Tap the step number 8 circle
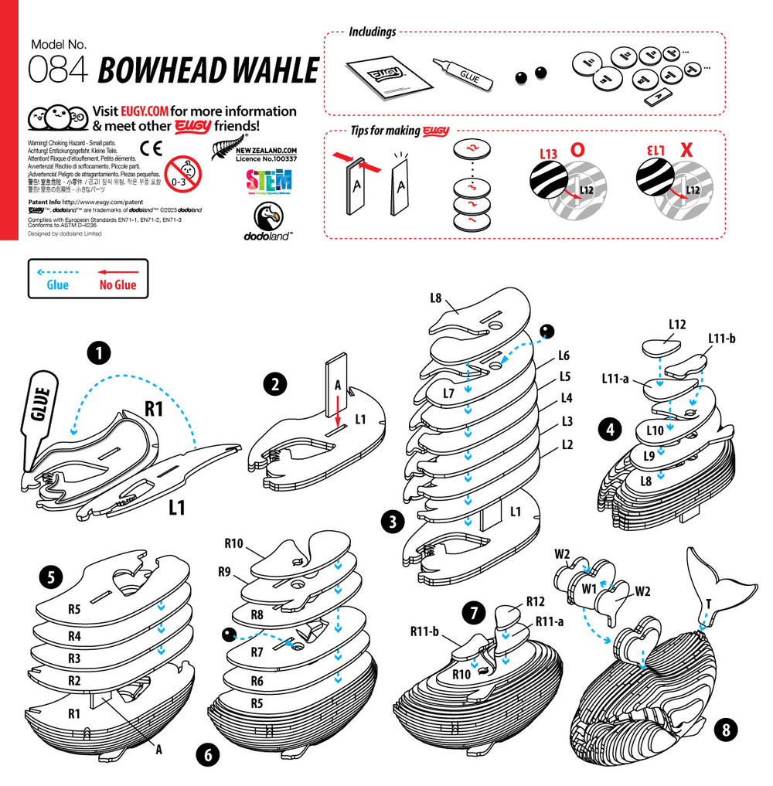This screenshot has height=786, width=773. pyautogui.click(x=724, y=727)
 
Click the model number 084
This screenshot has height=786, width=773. pyautogui.click(x=59, y=70)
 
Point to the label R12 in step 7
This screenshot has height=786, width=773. pyautogui.click(x=536, y=601)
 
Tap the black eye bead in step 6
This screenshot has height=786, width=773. pyautogui.click(x=229, y=635)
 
